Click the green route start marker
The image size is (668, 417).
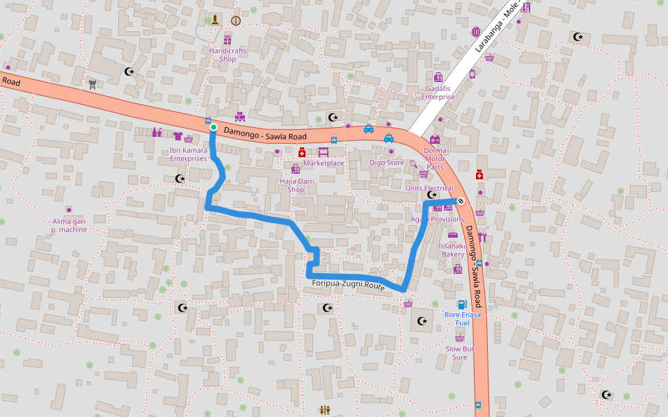(214, 127)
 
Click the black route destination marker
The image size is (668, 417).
(460, 201)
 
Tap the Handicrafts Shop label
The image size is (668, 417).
(228, 55)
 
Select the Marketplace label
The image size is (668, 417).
(324, 163)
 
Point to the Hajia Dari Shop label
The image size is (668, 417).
(296, 185)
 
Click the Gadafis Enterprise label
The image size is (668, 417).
(438, 92)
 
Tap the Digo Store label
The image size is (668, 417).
(387, 163)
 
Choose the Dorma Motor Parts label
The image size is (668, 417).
(435, 158)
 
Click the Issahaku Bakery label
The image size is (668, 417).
(452, 250)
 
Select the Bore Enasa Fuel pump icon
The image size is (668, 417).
(461, 304)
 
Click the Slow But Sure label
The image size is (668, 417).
(460, 353)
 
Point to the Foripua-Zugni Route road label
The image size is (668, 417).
(348, 285)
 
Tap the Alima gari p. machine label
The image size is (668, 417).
(69, 225)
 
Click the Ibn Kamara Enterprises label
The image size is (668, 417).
(189, 154)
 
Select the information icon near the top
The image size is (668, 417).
(235, 21)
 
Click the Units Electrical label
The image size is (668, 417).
(429, 188)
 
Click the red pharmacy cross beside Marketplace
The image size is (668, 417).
(302, 152)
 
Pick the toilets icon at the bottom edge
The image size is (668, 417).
(324, 410)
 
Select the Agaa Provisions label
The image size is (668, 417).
(437, 220)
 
